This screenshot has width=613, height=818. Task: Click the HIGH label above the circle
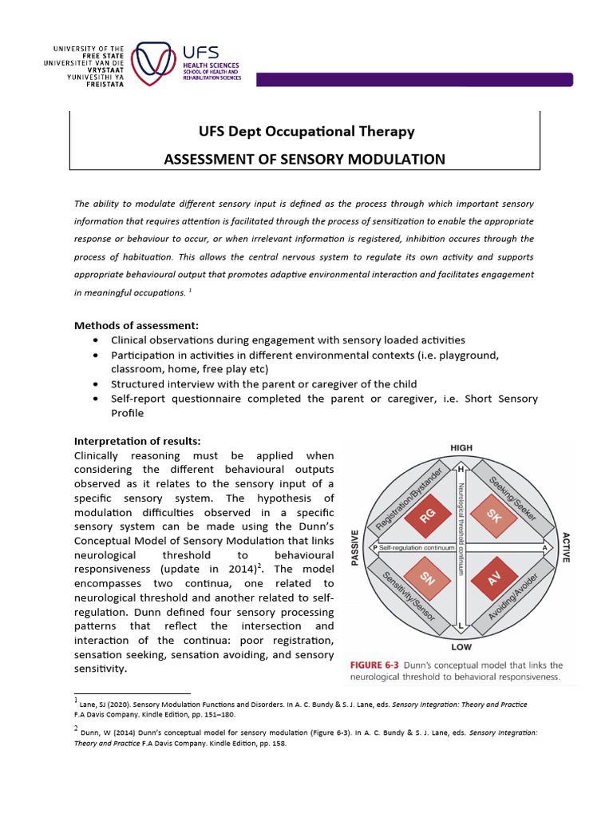(461, 448)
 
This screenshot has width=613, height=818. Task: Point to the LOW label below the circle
(461, 646)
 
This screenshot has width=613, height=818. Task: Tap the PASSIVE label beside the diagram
(355, 547)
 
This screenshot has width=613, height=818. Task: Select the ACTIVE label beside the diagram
(566, 547)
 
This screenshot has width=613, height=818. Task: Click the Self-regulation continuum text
(417, 548)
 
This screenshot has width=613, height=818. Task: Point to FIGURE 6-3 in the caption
(378, 665)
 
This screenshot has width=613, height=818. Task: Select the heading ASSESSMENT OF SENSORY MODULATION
(304, 158)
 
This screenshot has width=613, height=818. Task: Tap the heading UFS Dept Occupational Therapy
(305, 131)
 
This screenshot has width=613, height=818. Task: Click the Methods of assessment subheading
(136, 325)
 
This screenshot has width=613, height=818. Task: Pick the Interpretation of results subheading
(137, 441)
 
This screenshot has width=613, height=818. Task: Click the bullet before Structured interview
(96, 384)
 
